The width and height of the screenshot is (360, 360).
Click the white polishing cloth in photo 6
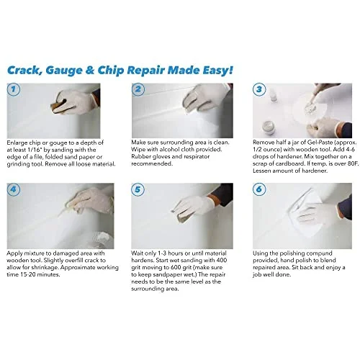pos(302,209)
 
